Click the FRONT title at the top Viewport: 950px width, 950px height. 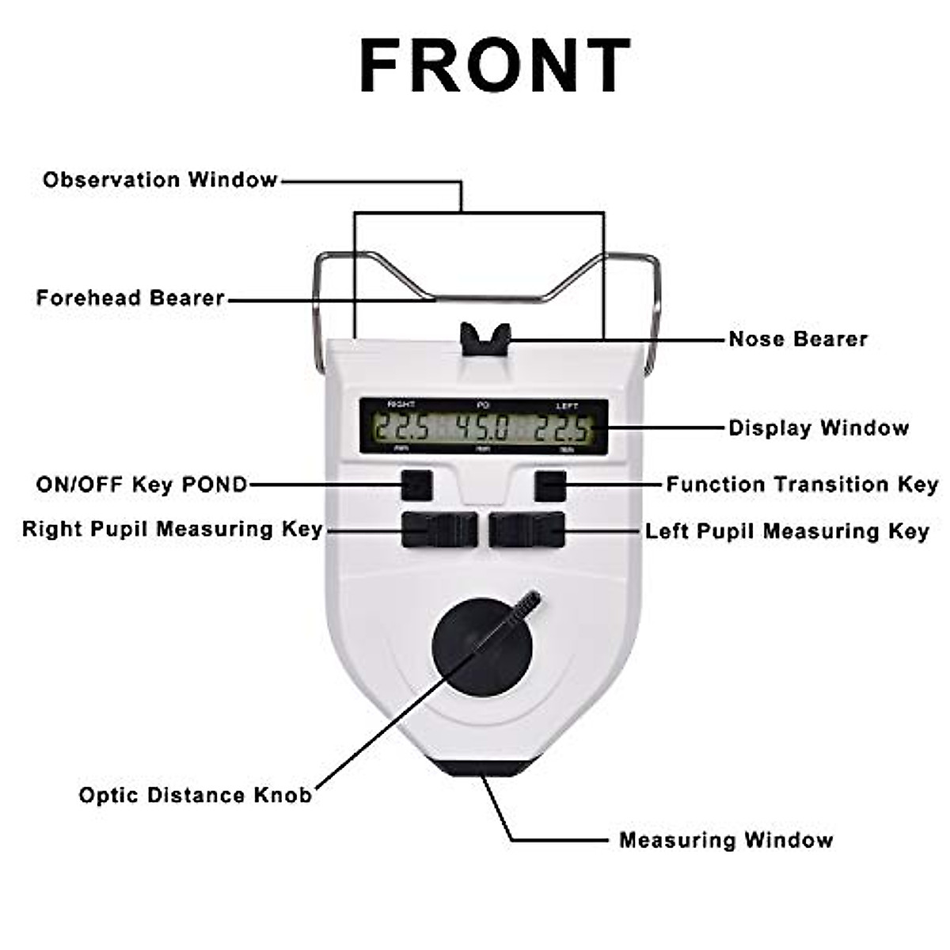click(x=495, y=66)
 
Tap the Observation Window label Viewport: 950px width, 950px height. click(x=160, y=180)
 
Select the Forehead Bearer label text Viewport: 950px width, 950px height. click(x=131, y=298)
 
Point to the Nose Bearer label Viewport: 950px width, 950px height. click(x=798, y=339)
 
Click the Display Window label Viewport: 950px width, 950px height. click(x=819, y=428)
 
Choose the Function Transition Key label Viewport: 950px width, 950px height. click(x=801, y=484)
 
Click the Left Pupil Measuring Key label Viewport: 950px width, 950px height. click(x=787, y=531)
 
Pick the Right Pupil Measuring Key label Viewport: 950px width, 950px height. click(x=173, y=529)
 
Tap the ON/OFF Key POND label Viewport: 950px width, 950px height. click(x=142, y=484)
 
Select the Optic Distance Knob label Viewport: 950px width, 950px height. click(x=196, y=795)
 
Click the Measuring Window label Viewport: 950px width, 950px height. click(x=726, y=840)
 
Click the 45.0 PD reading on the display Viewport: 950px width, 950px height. click(x=483, y=429)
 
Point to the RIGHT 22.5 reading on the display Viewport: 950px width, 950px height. click(x=401, y=429)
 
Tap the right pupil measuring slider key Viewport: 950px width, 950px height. click(x=439, y=530)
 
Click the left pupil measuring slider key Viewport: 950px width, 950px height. click(x=526, y=530)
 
